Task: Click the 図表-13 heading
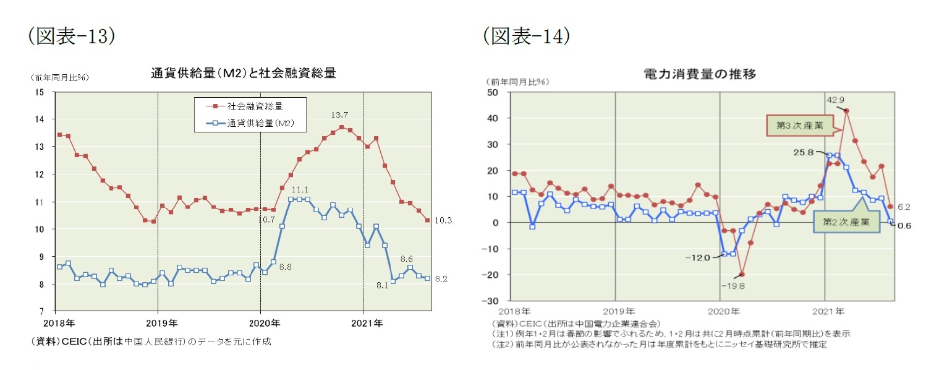[x=72, y=37]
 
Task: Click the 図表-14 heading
[x=527, y=37]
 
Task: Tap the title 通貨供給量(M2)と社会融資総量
[x=244, y=73]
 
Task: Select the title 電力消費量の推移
[x=699, y=73]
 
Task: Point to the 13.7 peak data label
[x=340, y=115]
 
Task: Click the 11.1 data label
[x=299, y=189]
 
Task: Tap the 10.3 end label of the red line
[x=443, y=221]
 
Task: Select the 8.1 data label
[x=382, y=286]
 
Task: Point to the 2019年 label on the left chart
[x=158, y=322]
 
